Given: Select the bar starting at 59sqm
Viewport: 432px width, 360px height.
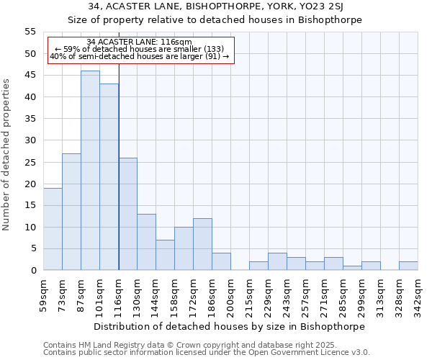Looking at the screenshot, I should point(53,229).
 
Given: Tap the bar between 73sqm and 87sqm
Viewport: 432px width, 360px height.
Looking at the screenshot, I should point(71,212).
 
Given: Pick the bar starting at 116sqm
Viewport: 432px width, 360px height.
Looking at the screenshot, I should point(127,214).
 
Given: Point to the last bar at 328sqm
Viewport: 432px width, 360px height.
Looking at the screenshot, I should point(408,266).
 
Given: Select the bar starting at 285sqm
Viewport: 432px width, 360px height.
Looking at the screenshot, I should point(352,268).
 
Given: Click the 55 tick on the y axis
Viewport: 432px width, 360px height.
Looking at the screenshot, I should point(30,32).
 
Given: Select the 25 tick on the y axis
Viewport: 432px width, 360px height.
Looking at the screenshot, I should point(30,162).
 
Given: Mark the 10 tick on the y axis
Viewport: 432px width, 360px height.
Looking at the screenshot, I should point(30,227).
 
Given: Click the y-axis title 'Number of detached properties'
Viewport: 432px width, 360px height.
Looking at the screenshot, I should point(6,155).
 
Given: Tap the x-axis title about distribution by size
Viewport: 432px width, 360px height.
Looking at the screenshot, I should point(229,326).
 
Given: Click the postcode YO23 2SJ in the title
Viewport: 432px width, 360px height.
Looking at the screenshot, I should point(320,6).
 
